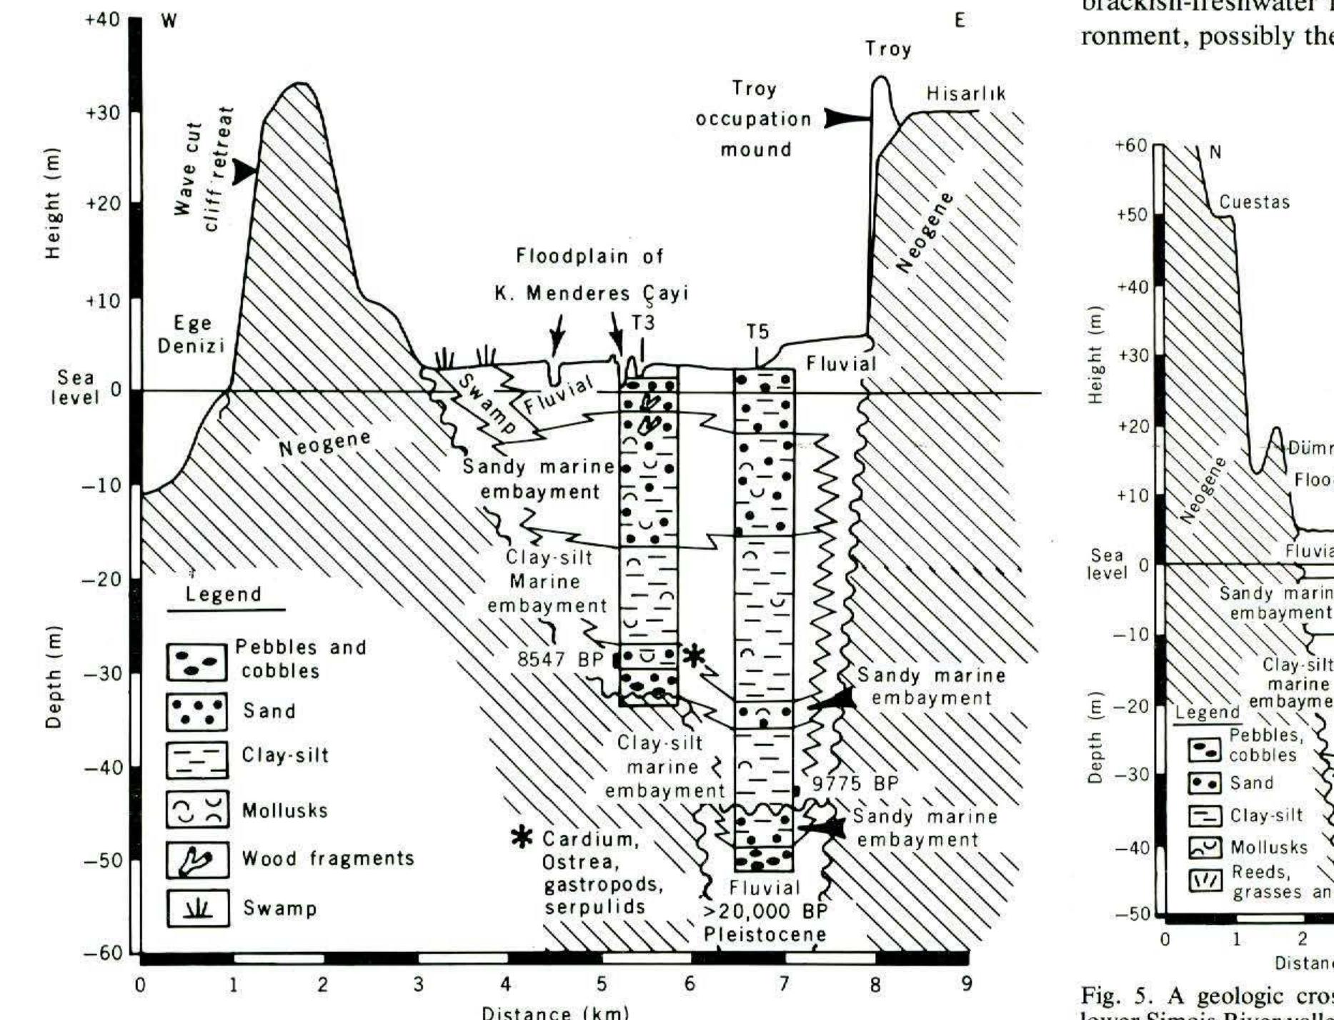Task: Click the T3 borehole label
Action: (x=642, y=322)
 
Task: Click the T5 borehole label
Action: (x=757, y=332)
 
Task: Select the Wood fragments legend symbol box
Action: (x=197, y=859)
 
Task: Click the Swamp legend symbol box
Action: (x=197, y=908)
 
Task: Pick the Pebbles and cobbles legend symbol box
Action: (x=197, y=662)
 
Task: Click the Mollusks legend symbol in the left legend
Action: (x=197, y=810)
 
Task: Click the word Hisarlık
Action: (x=966, y=94)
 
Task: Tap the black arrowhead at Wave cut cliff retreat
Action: (x=245, y=171)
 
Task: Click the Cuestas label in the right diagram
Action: (x=1255, y=202)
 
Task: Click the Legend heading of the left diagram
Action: (x=224, y=595)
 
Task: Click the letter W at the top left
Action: (x=169, y=21)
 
